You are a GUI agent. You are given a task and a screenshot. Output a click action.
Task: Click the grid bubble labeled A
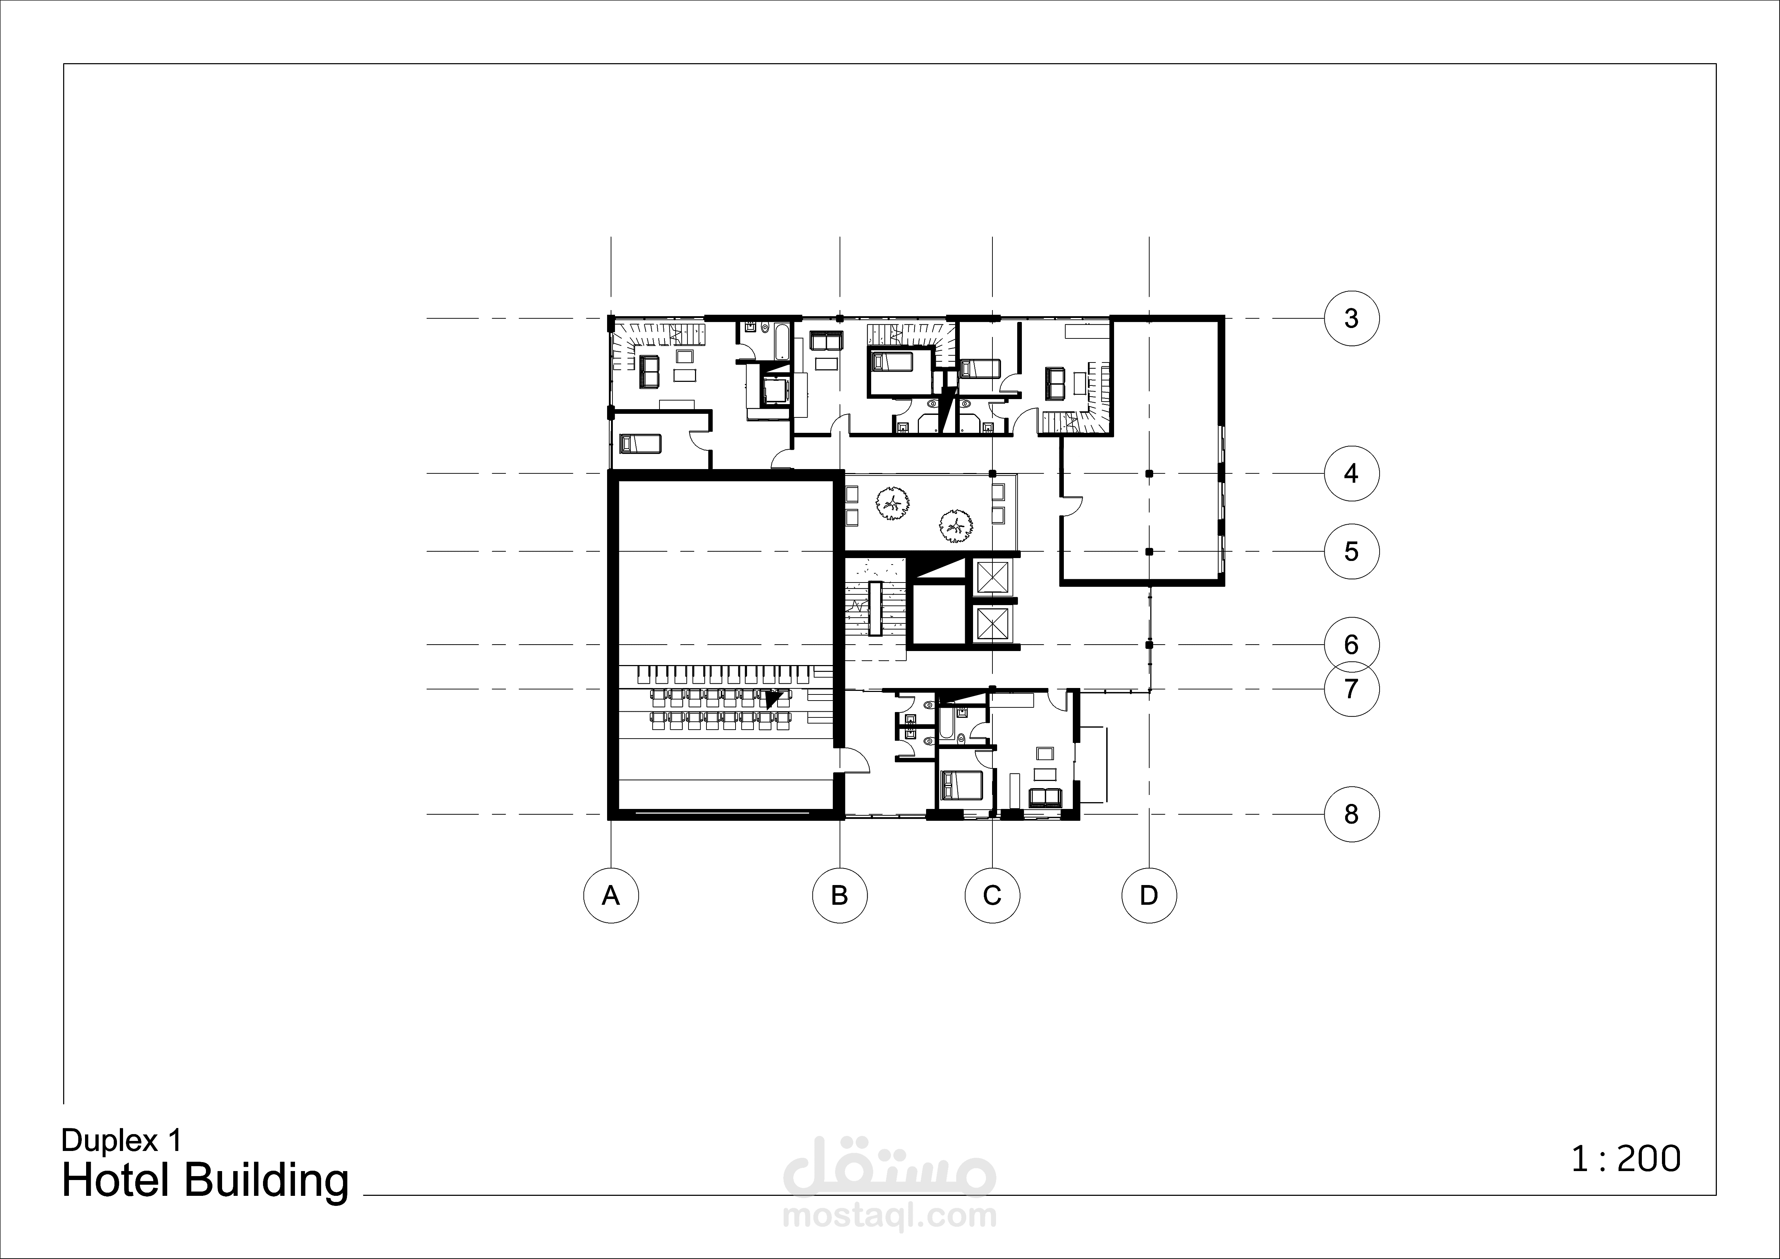pos(611,895)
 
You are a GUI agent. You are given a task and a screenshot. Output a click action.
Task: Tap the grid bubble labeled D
pos(1149,895)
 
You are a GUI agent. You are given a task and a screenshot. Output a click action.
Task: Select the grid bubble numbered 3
pos(1351,318)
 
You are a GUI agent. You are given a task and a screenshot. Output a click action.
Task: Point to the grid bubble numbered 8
pos(1351,814)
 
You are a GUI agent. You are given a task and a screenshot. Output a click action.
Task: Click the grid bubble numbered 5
pos(1351,551)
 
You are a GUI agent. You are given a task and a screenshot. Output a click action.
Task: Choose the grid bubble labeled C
pos(992,895)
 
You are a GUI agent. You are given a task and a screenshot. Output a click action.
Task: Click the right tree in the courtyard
pos(954,526)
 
